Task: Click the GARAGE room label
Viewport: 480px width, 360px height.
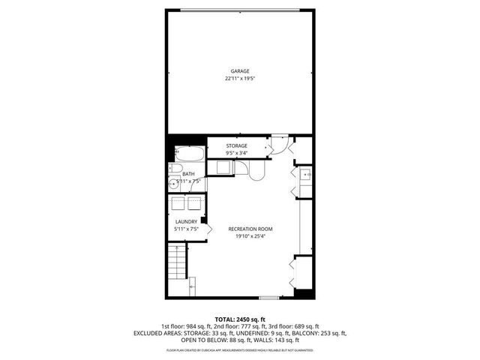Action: click(x=240, y=71)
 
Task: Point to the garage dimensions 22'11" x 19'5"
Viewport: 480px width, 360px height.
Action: click(x=240, y=78)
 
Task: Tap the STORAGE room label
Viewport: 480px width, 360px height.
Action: click(x=237, y=145)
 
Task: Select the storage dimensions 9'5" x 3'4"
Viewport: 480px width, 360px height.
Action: click(x=237, y=153)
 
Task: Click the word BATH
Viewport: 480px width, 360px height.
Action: click(x=187, y=174)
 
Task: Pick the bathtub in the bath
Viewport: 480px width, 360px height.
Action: click(x=187, y=155)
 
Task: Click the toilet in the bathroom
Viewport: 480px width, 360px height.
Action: click(x=172, y=169)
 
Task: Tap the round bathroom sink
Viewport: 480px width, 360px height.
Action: click(x=173, y=183)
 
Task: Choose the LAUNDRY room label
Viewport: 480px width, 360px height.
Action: click(x=186, y=221)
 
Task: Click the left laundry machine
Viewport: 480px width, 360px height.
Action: click(x=178, y=203)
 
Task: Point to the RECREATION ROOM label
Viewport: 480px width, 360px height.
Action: click(x=250, y=229)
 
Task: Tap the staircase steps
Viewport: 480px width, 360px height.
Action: click(x=175, y=265)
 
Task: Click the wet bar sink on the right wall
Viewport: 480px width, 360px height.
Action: click(x=307, y=175)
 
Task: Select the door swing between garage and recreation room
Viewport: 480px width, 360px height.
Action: click(x=278, y=143)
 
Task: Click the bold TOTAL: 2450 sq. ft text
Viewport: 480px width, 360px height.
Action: click(x=240, y=319)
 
